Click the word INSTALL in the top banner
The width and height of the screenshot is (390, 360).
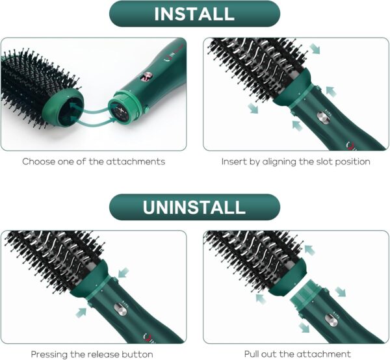click(194, 13)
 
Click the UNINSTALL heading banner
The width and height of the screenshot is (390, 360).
click(194, 207)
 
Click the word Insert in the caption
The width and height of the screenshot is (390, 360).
click(234, 161)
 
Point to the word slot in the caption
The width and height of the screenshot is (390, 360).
click(327, 161)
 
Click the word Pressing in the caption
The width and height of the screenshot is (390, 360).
click(51, 354)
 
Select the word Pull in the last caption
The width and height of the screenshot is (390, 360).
click(254, 354)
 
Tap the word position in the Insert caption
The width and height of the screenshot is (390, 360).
click(354, 161)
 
